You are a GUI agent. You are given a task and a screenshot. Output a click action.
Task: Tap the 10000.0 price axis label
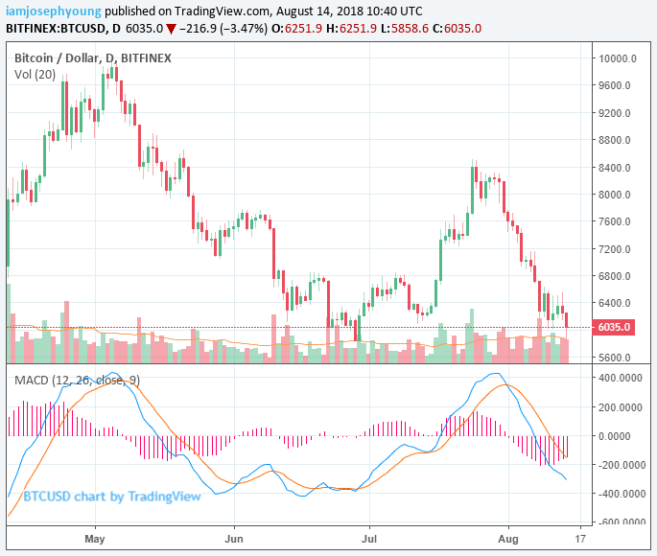point(619,58)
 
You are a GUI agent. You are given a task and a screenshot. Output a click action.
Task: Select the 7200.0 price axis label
point(617,248)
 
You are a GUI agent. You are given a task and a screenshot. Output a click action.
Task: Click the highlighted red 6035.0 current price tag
point(615,327)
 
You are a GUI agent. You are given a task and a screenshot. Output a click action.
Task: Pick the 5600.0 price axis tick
point(617,357)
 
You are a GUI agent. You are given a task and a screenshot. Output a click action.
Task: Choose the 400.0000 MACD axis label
point(622,378)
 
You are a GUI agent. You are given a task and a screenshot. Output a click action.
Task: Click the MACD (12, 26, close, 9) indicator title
point(77,381)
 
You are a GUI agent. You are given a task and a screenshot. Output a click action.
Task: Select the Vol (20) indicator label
point(35,74)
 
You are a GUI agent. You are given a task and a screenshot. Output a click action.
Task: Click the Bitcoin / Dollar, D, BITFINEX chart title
point(93,58)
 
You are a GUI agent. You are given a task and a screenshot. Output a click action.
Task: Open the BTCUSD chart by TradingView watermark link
point(112,496)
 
